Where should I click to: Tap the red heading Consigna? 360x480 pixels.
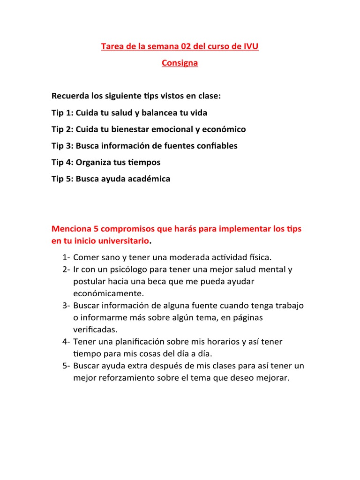point(180,63)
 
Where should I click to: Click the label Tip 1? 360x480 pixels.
point(62,113)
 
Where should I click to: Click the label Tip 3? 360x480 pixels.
point(62,146)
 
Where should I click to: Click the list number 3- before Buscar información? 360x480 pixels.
point(66,306)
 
